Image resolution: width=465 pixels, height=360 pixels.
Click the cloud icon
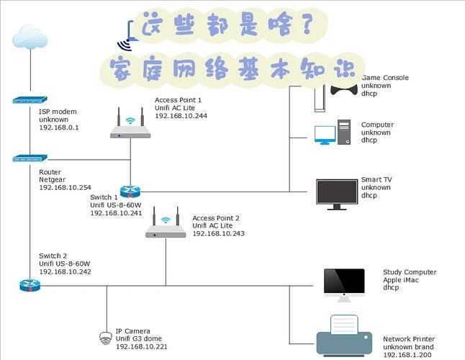point(30,37)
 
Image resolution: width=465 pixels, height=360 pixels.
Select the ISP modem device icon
point(30,102)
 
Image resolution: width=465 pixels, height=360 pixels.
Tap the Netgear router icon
point(30,158)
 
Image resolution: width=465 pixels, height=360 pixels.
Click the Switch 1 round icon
point(130,191)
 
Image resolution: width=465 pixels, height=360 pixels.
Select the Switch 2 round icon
point(30,285)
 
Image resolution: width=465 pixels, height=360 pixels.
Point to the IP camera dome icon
point(107,337)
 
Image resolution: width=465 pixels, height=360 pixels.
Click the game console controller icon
point(344,89)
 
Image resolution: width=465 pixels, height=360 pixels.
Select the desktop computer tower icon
point(346,132)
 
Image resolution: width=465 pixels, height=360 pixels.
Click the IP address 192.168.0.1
point(58,127)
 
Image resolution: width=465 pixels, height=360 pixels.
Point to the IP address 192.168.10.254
point(65,188)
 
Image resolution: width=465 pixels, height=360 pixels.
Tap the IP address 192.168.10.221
point(142,347)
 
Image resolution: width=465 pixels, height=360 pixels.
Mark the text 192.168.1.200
point(407,355)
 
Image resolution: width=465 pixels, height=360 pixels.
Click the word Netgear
point(52,180)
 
